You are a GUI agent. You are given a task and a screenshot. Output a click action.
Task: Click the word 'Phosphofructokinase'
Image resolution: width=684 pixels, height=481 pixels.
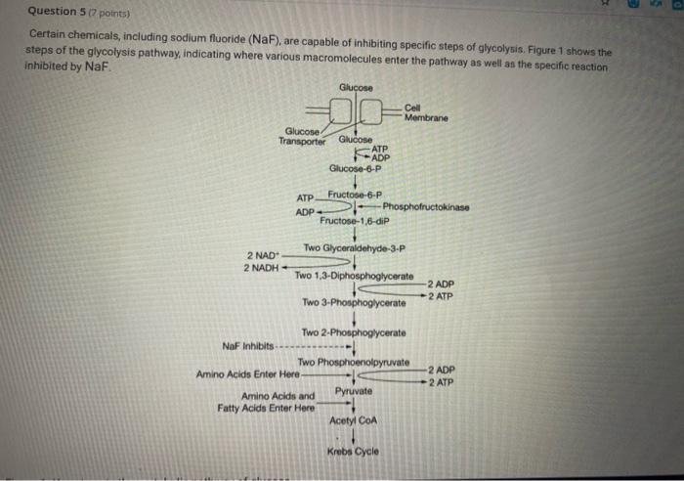pyautogui.click(x=426, y=207)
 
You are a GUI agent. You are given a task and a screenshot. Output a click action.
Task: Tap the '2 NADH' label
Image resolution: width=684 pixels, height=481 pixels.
pyautogui.click(x=261, y=267)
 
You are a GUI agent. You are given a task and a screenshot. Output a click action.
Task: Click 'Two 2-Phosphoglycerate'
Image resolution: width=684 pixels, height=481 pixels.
pyautogui.click(x=355, y=333)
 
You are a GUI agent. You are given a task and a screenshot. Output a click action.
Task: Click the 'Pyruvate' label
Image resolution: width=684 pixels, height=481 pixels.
pyautogui.click(x=353, y=391)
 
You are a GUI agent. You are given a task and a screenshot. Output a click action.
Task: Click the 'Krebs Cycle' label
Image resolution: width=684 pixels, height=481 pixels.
pyautogui.click(x=353, y=451)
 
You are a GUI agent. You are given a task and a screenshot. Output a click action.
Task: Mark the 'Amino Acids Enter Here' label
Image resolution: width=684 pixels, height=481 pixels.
pyautogui.click(x=247, y=373)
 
